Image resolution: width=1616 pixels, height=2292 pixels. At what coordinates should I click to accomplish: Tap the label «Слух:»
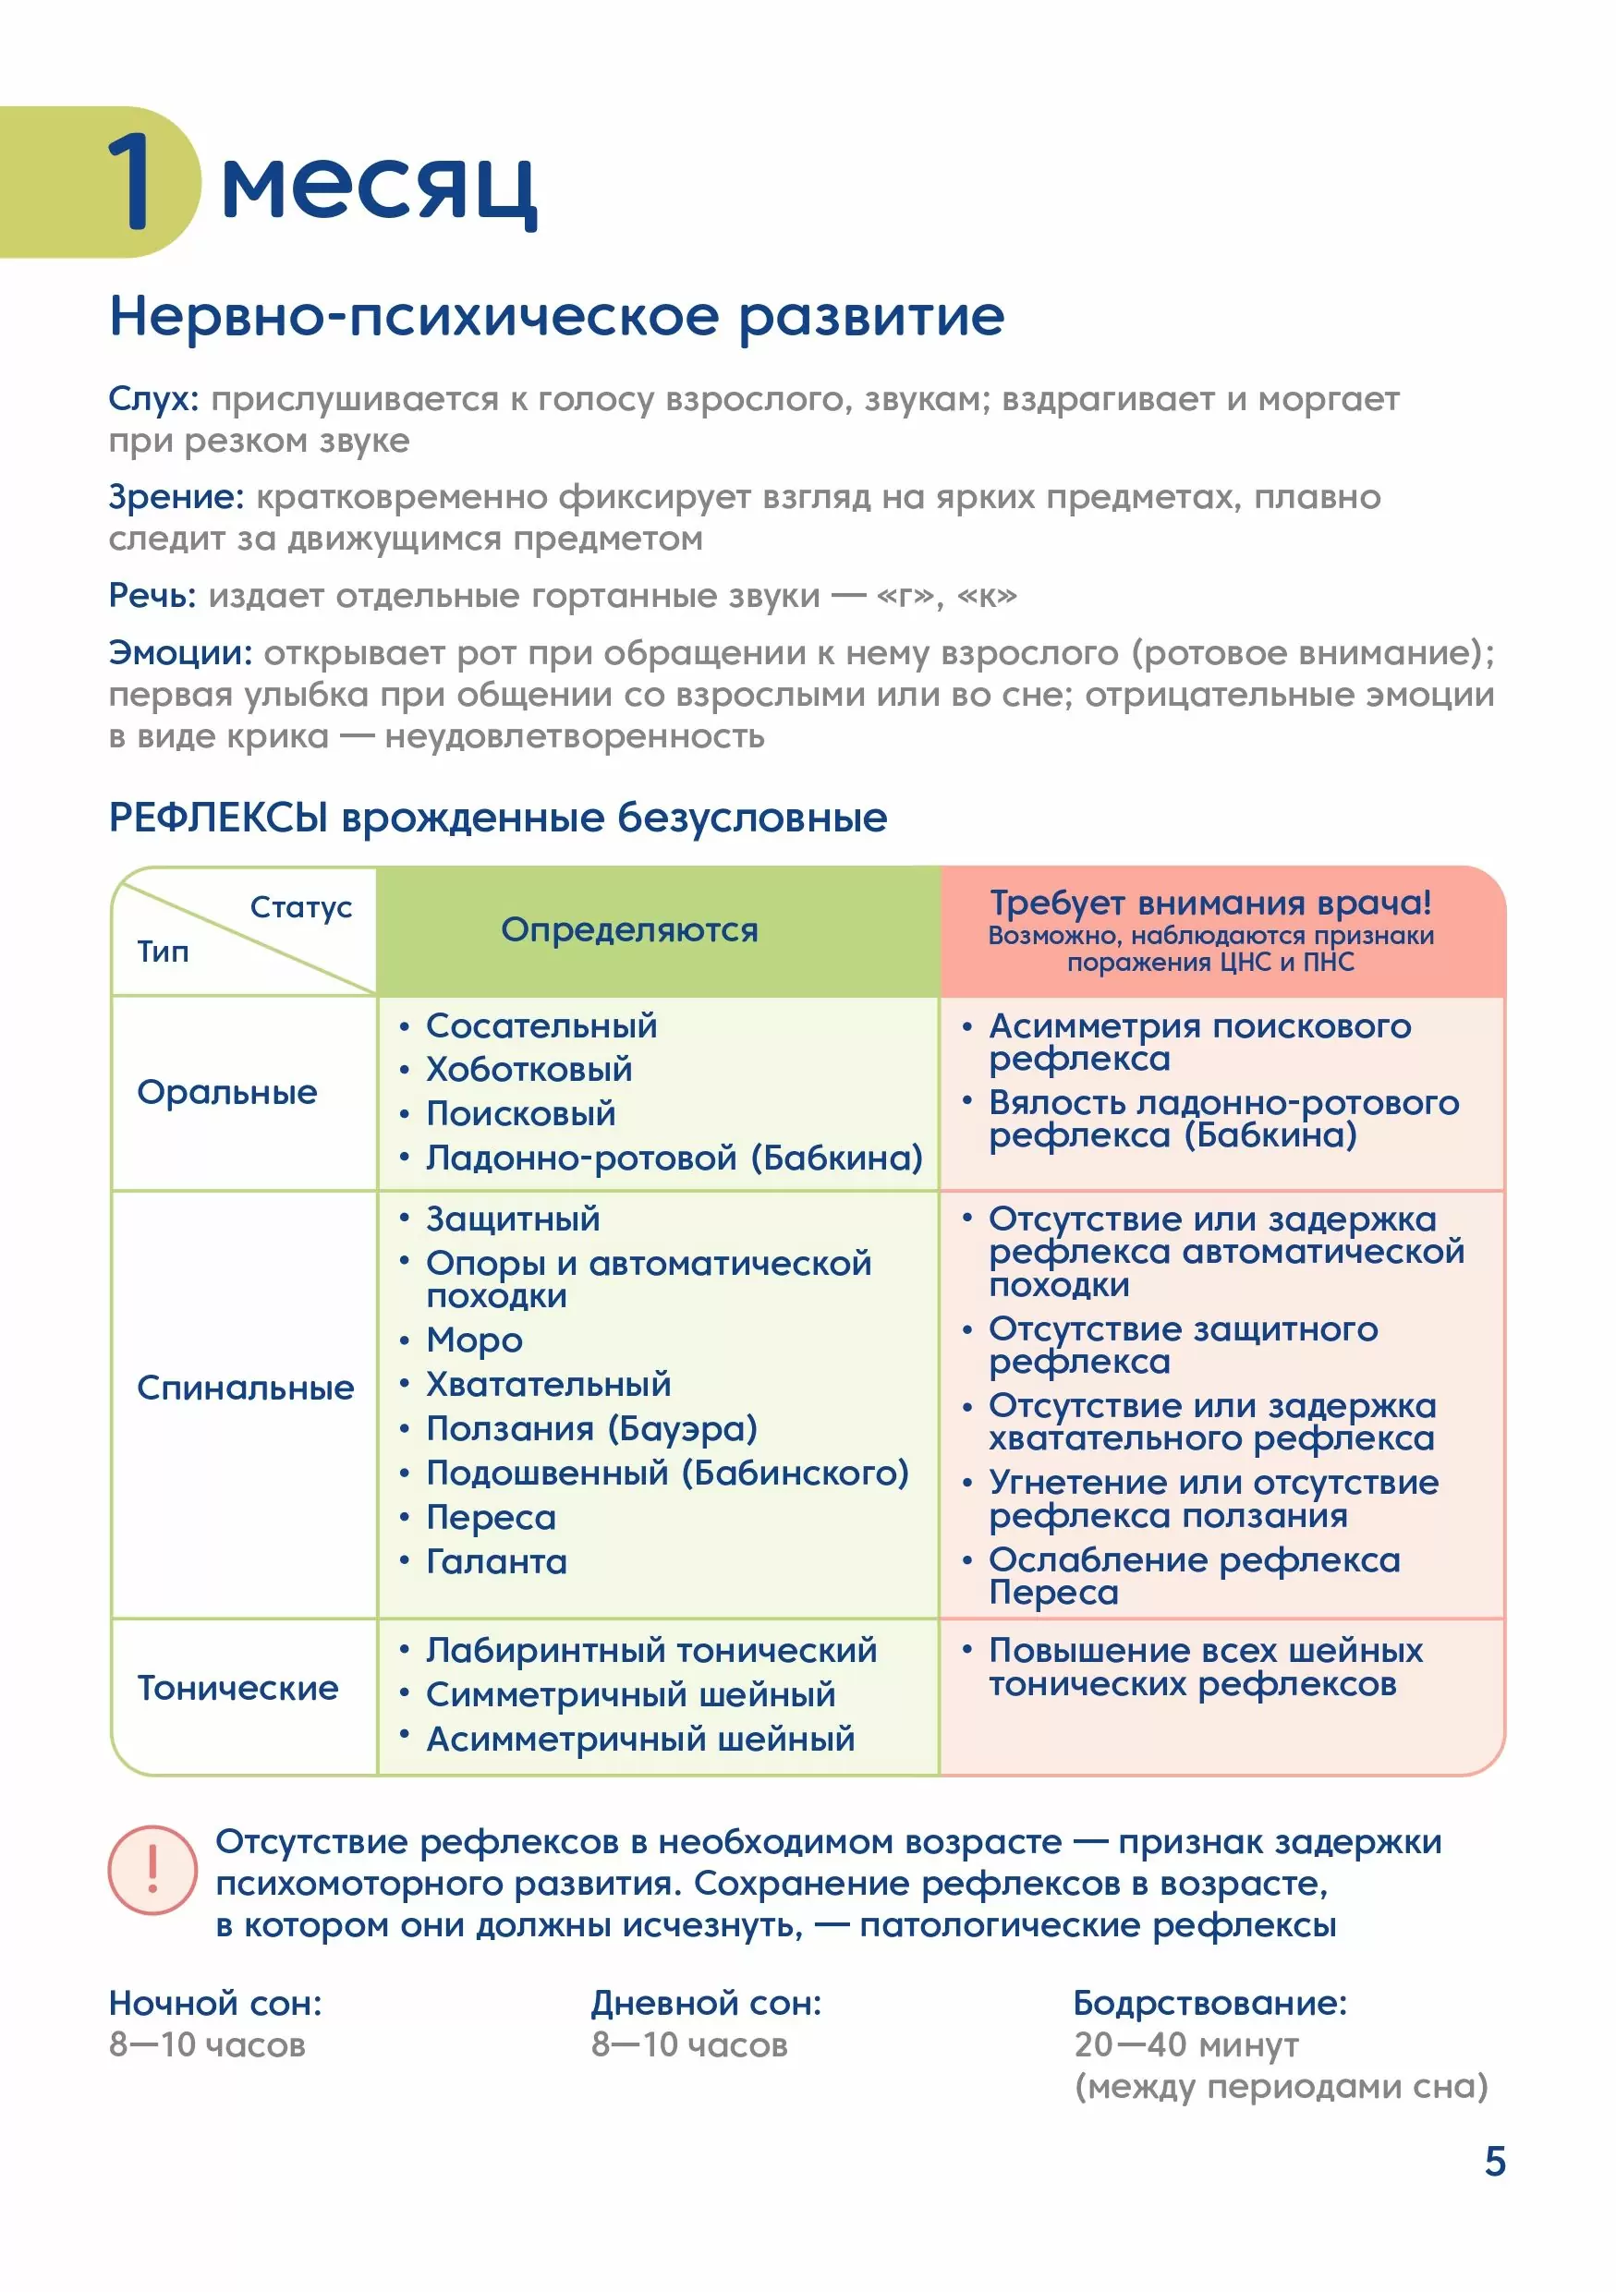coord(153,398)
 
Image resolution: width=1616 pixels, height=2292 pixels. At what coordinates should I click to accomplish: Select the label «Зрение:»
coord(176,496)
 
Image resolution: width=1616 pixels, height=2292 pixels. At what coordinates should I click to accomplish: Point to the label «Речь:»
coord(152,595)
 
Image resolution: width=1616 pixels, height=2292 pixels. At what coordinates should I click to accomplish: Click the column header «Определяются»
coord(629,929)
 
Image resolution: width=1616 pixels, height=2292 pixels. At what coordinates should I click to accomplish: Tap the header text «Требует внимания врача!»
coord(1209,903)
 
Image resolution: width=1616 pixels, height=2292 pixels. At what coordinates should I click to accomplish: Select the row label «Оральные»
coord(226,1092)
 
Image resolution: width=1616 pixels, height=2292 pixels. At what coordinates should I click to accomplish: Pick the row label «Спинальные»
coord(246,1388)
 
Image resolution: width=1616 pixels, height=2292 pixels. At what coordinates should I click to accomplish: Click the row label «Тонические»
coord(237,1688)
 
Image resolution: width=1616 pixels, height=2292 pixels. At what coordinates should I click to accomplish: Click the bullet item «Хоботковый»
coord(529,1069)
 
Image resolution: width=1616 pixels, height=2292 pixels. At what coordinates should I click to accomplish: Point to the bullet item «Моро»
coord(474,1340)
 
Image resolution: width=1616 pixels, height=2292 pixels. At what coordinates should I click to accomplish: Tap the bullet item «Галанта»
coord(496,1561)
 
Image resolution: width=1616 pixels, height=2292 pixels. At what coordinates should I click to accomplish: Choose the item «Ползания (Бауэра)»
coord(592,1428)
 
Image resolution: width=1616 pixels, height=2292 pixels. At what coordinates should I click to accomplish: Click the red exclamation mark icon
coord(152,1870)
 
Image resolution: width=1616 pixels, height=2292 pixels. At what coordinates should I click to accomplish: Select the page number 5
coord(1494,2161)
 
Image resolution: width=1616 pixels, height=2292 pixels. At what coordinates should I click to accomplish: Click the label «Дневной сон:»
coord(706,2003)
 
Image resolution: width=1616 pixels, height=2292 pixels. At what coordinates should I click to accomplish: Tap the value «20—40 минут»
coord(1185,2044)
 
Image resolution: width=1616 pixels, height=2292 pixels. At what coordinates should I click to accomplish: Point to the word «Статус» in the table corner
coord(300,906)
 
